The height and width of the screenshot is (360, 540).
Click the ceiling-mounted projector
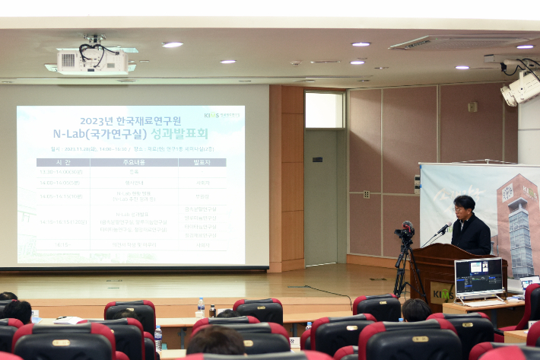[91, 62]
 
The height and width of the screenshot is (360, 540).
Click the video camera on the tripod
[405, 230]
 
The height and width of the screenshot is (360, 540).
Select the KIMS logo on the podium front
[442, 293]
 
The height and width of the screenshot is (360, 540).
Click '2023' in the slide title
[97, 120]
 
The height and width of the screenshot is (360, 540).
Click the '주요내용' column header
[130, 162]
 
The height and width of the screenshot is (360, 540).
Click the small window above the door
[324, 110]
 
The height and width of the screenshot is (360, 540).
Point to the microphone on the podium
[443, 228]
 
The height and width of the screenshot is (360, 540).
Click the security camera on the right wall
[520, 88]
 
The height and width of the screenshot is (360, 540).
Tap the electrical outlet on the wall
[366, 194]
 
